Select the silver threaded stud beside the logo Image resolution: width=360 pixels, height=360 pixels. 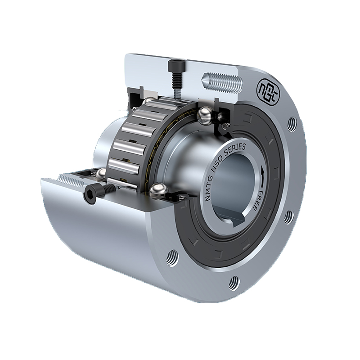click(x=222, y=82)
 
